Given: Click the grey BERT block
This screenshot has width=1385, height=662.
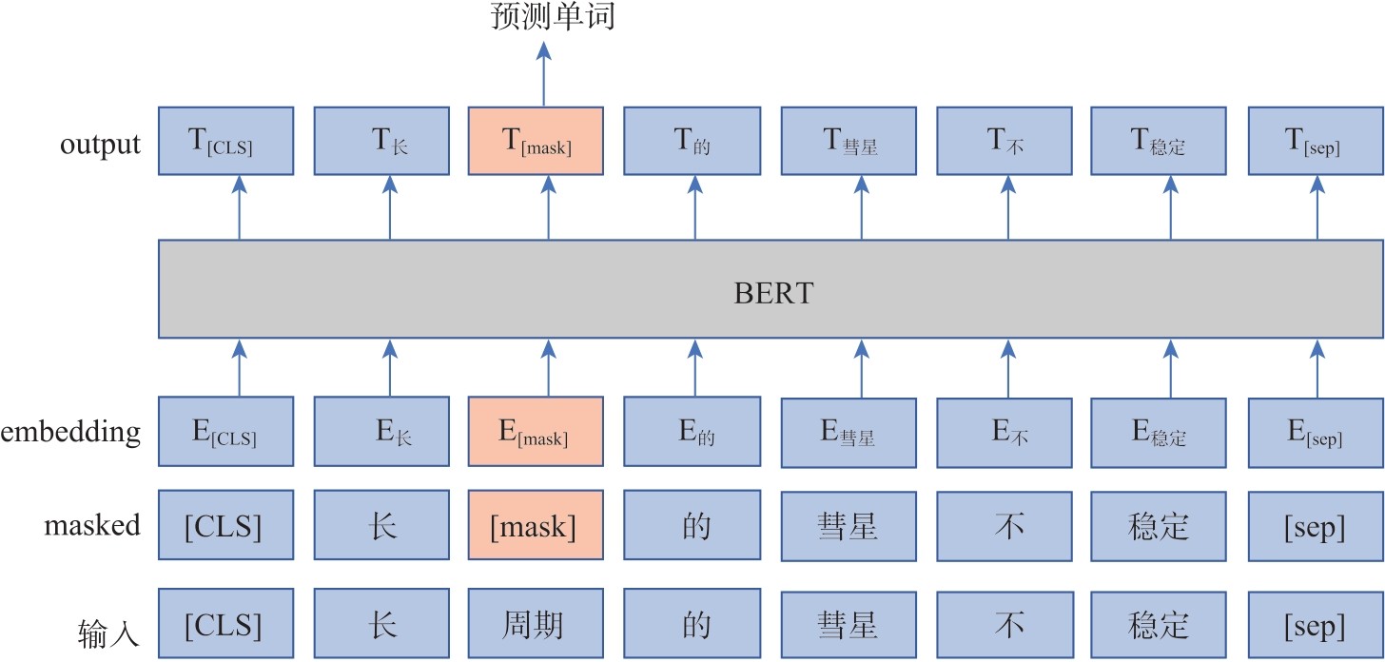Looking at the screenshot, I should point(771,289).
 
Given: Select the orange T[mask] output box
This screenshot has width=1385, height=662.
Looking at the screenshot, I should point(536,141).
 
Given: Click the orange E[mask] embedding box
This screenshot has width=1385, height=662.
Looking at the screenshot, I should point(536,432).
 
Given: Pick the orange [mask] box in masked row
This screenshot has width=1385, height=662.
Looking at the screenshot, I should point(536,526).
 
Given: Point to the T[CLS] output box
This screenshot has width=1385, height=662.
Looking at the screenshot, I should point(225,141).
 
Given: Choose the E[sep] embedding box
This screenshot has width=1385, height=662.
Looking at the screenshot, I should point(1315,432).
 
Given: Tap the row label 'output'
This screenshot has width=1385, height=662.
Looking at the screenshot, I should point(100,145).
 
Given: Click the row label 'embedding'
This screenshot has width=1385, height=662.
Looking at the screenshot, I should point(70,433).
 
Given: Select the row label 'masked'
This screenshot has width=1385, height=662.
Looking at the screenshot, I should point(92,525).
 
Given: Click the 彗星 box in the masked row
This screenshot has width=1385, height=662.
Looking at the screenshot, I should point(849,526).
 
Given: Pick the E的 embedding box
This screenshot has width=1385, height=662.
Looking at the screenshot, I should point(692,432).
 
